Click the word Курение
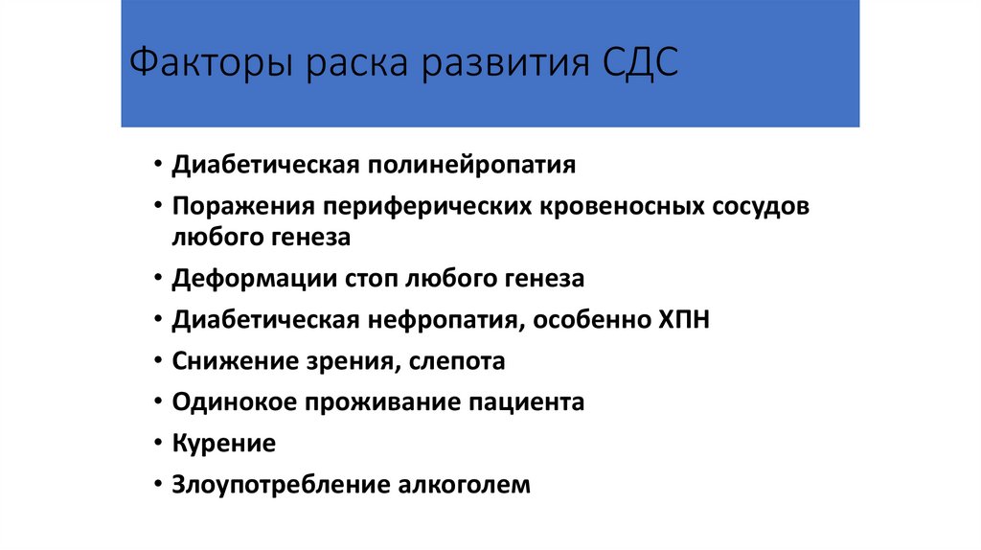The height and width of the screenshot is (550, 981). [223, 444]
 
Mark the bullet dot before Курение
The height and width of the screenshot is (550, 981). [156, 445]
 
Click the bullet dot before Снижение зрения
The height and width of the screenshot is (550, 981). [156, 362]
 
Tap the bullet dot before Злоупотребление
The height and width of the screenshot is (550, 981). [156, 486]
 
